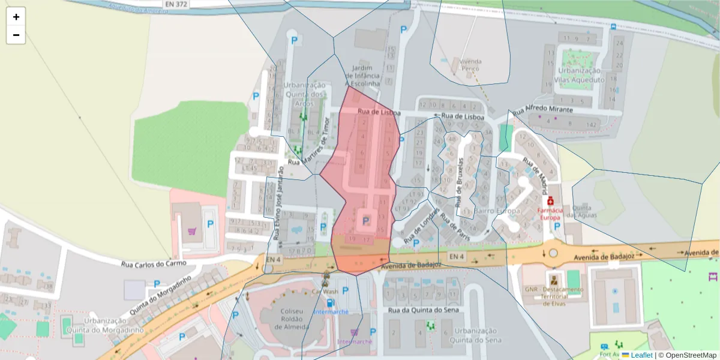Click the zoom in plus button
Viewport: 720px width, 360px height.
(x=16, y=17)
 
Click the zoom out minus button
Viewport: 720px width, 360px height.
(x=16, y=35)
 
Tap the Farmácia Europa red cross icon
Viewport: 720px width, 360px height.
(x=550, y=200)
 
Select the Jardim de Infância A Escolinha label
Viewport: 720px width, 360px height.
(x=363, y=76)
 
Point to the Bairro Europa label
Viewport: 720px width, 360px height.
(x=497, y=212)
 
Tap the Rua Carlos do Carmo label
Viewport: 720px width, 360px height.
(x=154, y=263)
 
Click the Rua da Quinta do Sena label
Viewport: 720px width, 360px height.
(x=423, y=310)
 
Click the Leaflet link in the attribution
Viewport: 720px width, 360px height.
(x=641, y=355)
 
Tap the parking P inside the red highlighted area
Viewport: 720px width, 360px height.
(x=366, y=220)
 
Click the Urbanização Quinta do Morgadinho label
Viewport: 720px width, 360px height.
(x=105, y=325)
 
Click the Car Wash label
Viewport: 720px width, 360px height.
(x=325, y=291)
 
